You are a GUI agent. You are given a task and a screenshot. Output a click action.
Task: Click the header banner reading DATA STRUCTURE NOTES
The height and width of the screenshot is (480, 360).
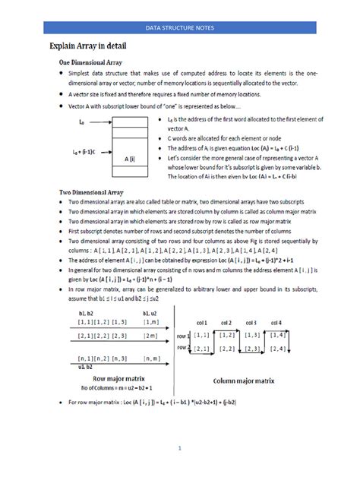click(x=180, y=28)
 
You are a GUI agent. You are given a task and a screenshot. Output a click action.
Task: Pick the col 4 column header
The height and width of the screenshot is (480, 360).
click(x=298, y=323)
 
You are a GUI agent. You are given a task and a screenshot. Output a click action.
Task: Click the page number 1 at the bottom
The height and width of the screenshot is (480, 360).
click(x=180, y=448)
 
